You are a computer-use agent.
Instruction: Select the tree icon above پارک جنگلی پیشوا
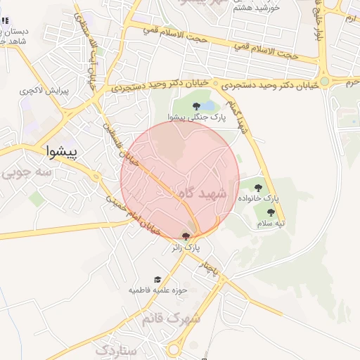195,106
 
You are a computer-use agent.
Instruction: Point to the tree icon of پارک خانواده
258,188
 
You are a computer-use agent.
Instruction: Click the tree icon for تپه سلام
270,212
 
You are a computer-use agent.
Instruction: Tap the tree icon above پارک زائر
186,237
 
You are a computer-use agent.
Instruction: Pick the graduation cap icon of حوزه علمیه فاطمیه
157,279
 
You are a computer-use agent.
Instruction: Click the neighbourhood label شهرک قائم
171,319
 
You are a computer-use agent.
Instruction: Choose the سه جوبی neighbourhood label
24,172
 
